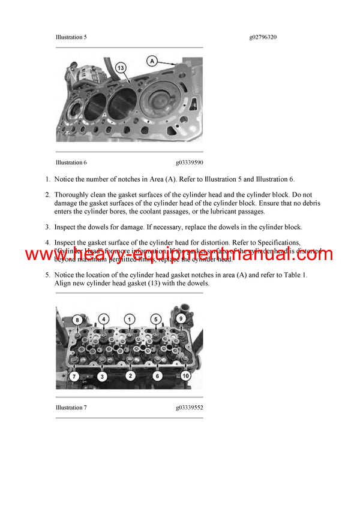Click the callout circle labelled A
[x=152, y=61]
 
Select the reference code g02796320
[x=263, y=37]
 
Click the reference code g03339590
[x=189, y=162]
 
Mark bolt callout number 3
[x=103, y=376]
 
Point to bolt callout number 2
[x=130, y=376]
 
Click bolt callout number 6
[x=157, y=376]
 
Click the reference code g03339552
[x=189, y=408]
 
